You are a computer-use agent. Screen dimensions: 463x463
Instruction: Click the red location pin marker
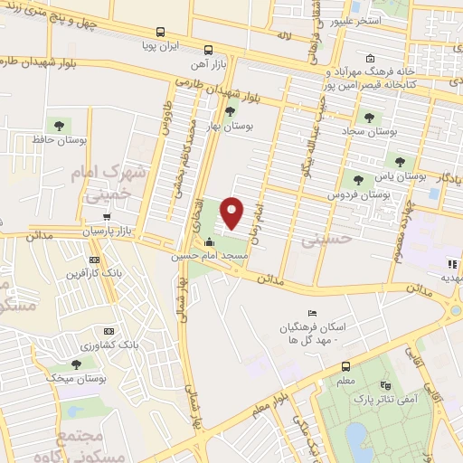[x=232, y=213]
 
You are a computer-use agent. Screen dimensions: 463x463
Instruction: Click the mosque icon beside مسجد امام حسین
[x=210, y=242]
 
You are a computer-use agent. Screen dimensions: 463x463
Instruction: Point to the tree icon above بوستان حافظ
[x=59, y=125]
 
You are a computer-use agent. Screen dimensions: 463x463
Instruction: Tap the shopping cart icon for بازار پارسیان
[x=108, y=217]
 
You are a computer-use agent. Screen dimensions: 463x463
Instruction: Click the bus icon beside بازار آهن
[x=209, y=50]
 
